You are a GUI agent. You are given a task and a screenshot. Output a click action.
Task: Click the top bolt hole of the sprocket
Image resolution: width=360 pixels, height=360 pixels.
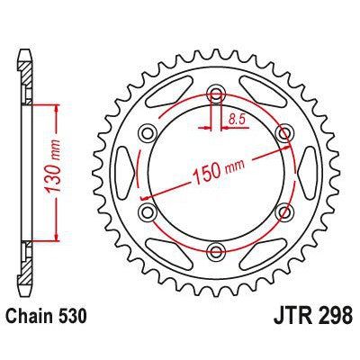coord(216,93)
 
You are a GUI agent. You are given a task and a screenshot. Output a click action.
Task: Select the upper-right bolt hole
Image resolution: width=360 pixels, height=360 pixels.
coord(284,132)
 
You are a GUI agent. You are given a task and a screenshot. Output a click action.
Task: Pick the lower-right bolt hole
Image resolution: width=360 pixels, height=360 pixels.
coord(284,211)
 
